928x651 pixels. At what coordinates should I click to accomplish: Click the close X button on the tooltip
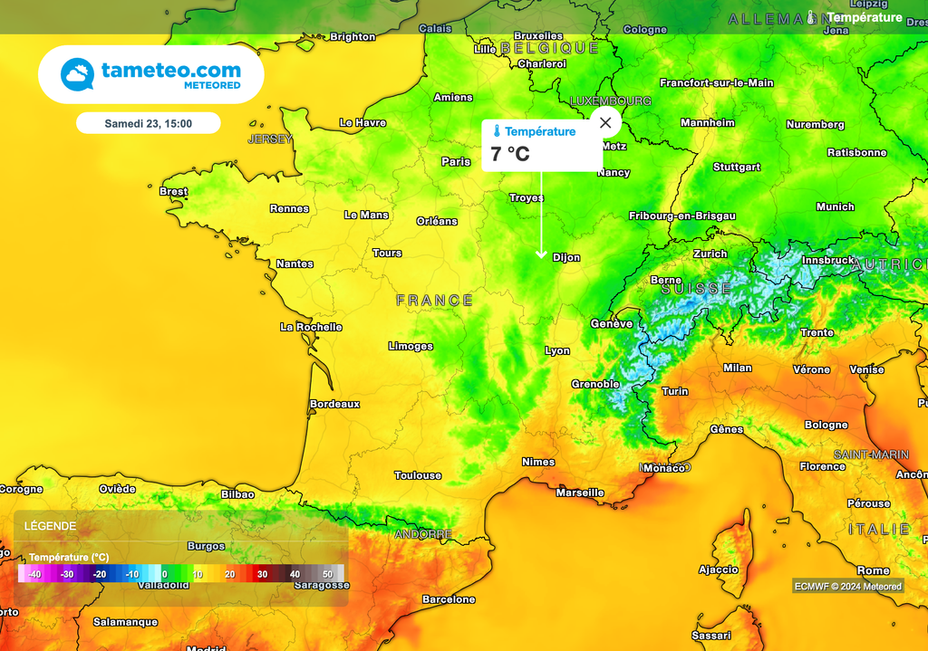click(605, 122)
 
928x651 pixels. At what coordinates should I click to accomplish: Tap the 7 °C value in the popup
click(510, 154)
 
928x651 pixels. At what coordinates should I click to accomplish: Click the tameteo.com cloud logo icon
click(78, 74)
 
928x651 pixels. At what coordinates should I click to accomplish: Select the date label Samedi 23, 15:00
click(148, 123)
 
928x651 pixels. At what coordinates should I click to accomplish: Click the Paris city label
click(456, 162)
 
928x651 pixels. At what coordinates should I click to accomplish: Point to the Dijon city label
click(566, 258)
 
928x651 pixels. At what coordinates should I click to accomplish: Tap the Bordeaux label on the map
click(334, 404)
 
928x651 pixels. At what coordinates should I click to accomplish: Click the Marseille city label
click(580, 493)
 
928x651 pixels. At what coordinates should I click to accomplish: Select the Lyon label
click(557, 350)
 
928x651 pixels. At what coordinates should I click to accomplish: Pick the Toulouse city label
click(418, 475)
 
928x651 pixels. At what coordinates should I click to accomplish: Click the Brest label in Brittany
click(173, 192)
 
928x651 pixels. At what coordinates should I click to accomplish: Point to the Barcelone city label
click(449, 599)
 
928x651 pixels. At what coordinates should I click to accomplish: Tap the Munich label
click(835, 207)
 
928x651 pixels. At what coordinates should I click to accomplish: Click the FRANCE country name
click(434, 300)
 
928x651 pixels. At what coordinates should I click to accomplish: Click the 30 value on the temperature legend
click(262, 574)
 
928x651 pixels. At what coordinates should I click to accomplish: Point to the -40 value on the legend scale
click(34, 574)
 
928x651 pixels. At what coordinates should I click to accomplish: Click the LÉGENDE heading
click(50, 526)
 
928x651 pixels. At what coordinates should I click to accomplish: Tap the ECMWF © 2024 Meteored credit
click(847, 586)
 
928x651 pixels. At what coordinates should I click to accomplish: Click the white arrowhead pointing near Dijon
click(542, 255)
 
